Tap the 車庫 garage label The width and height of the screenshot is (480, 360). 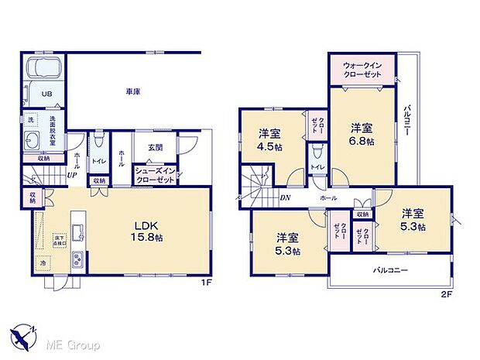pos(132,91)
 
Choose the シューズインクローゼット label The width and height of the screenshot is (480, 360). pos(153,174)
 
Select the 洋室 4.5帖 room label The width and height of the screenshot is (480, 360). pos(270,142)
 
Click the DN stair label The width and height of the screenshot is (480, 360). pos(285,198)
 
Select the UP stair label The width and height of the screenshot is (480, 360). pos(71,176)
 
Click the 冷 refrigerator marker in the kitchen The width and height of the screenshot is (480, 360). pos(43,263)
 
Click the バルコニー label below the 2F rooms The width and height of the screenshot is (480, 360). pos(389,271)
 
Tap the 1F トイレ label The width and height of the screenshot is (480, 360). pos(98,161)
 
